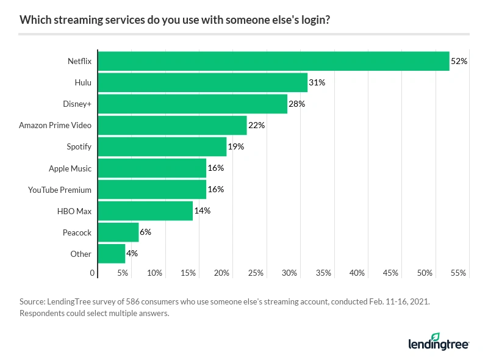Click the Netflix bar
pos(273,61)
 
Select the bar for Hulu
pos(203,82)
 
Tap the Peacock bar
pos(118,232)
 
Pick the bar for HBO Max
pos(145,211)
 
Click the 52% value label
pos(459,61)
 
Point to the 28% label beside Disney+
pos(297,104)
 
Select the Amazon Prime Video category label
pos(55,125)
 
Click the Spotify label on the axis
pos(79,146)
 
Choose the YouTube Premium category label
pos(60,189)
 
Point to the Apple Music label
pos(70,168)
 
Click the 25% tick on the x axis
pos(256,273)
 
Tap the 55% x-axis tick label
pos(459,273)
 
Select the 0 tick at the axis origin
pos(93,273)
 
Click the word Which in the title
pos(34,20)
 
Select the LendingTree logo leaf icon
pos(435,337)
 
